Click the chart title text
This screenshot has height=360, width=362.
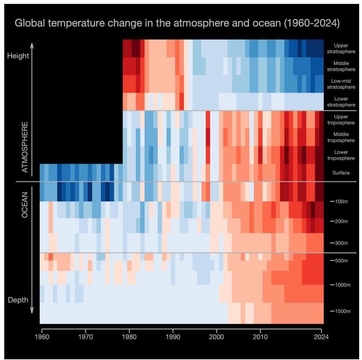pos(177,23)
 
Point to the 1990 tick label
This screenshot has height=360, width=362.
pos(173,336)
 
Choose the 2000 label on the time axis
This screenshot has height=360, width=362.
pos(216,336)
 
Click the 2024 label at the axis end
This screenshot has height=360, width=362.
pos(321,336)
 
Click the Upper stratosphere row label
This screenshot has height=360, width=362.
pos(341,48)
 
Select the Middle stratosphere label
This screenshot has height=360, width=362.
pos(341,66)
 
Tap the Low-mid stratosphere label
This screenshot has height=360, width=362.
pos(341,84)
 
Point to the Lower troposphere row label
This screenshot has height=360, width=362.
pos(341,155)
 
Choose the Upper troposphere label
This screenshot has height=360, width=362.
pos(341,120)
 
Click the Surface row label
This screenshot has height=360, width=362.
pos(341,173)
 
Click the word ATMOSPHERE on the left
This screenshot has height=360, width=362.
pos(25,147)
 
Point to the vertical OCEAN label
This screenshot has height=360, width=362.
pos(25,205)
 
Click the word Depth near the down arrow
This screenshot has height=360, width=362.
pos(18,300)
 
